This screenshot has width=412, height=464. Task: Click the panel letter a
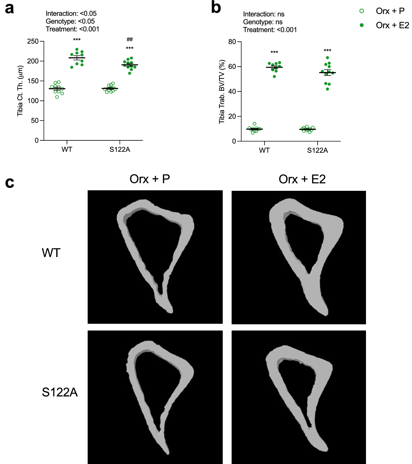pyautogui.click(x=9, y=9)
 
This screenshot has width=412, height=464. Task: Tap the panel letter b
pyautogui.click(x=216, y=8)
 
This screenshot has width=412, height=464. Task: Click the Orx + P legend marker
pyautogui.click(x=362, y=11)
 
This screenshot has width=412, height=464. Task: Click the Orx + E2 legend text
pyautogui.click(x=392, y=25)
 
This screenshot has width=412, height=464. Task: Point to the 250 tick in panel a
pyautogui.click(x=33, y=41)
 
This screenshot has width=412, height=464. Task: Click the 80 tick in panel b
pyautogui.click(x=232, y=42)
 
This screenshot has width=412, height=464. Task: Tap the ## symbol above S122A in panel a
pyautogui.click(x=130, y=40)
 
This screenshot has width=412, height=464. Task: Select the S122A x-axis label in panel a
pyautogui.click(x=120, y=150)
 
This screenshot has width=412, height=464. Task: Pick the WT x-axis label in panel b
pyautogui.click(x=264, y=150)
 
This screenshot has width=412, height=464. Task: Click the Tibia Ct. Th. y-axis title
pyautogui.click(x=20, y=91)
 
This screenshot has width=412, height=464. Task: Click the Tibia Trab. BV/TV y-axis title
pyautogui.click(x=222, y=92)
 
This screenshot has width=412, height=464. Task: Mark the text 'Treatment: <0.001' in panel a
pyautogui.click(x=72, y=29)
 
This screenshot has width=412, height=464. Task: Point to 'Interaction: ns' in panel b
pyautogui.click(x=264, y=14)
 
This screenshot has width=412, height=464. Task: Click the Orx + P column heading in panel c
pyautogui.click(x=150, y=179)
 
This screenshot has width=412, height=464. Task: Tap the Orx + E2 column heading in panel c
pyautogui.click(x=302, y=179)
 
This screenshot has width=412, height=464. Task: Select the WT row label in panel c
pyautogui.click(x=51, y=253)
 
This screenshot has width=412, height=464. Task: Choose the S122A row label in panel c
pyautogui.click(x=60, y=392)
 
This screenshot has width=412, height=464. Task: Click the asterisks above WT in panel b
pyautogui.click(x=274, y=52)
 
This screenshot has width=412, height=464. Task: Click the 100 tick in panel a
pyautogui.click(x=33, y=101)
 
